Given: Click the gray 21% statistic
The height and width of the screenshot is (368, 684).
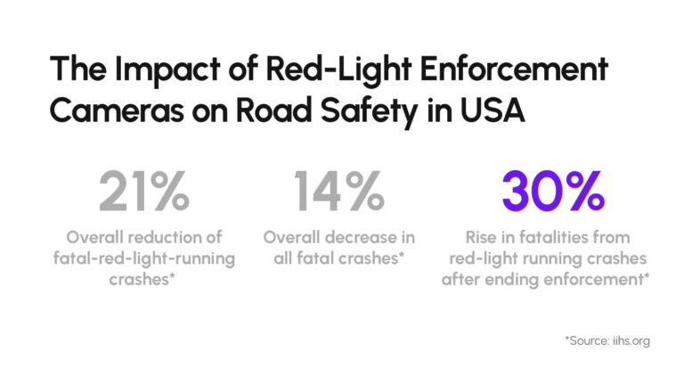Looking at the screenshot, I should pos(143,190).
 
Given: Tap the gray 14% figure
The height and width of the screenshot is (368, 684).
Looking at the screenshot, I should pos(339,190).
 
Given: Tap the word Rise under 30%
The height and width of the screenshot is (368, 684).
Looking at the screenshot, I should pos(487,237).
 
